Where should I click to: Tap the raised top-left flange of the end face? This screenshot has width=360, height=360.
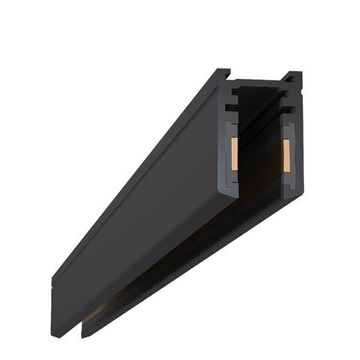222,75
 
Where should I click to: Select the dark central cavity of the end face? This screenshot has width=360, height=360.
260,150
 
